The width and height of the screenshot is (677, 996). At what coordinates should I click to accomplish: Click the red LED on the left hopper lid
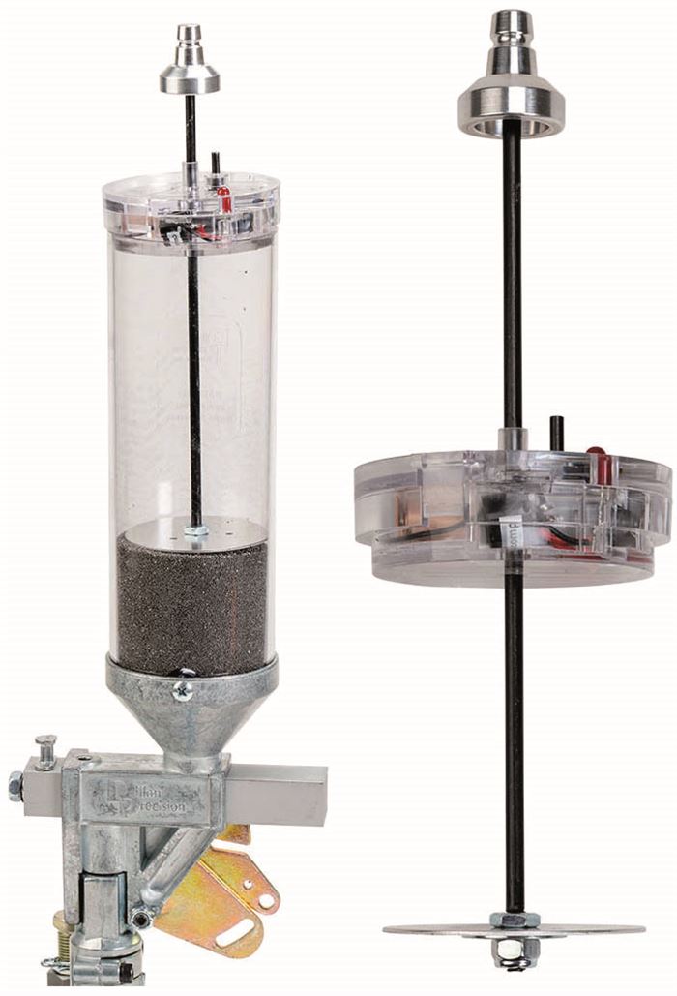point(224,199)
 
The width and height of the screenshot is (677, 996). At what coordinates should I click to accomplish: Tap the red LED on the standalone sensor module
point(598,465)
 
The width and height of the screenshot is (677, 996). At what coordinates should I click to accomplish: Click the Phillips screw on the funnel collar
point(182,690)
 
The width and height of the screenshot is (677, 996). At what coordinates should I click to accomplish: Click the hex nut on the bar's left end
point(16,785)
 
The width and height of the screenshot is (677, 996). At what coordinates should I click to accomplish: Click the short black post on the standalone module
point(556,433)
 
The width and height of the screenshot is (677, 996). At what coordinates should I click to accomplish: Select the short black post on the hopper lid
point(216,164)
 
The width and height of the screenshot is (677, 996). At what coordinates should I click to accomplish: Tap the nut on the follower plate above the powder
point(198,530)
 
